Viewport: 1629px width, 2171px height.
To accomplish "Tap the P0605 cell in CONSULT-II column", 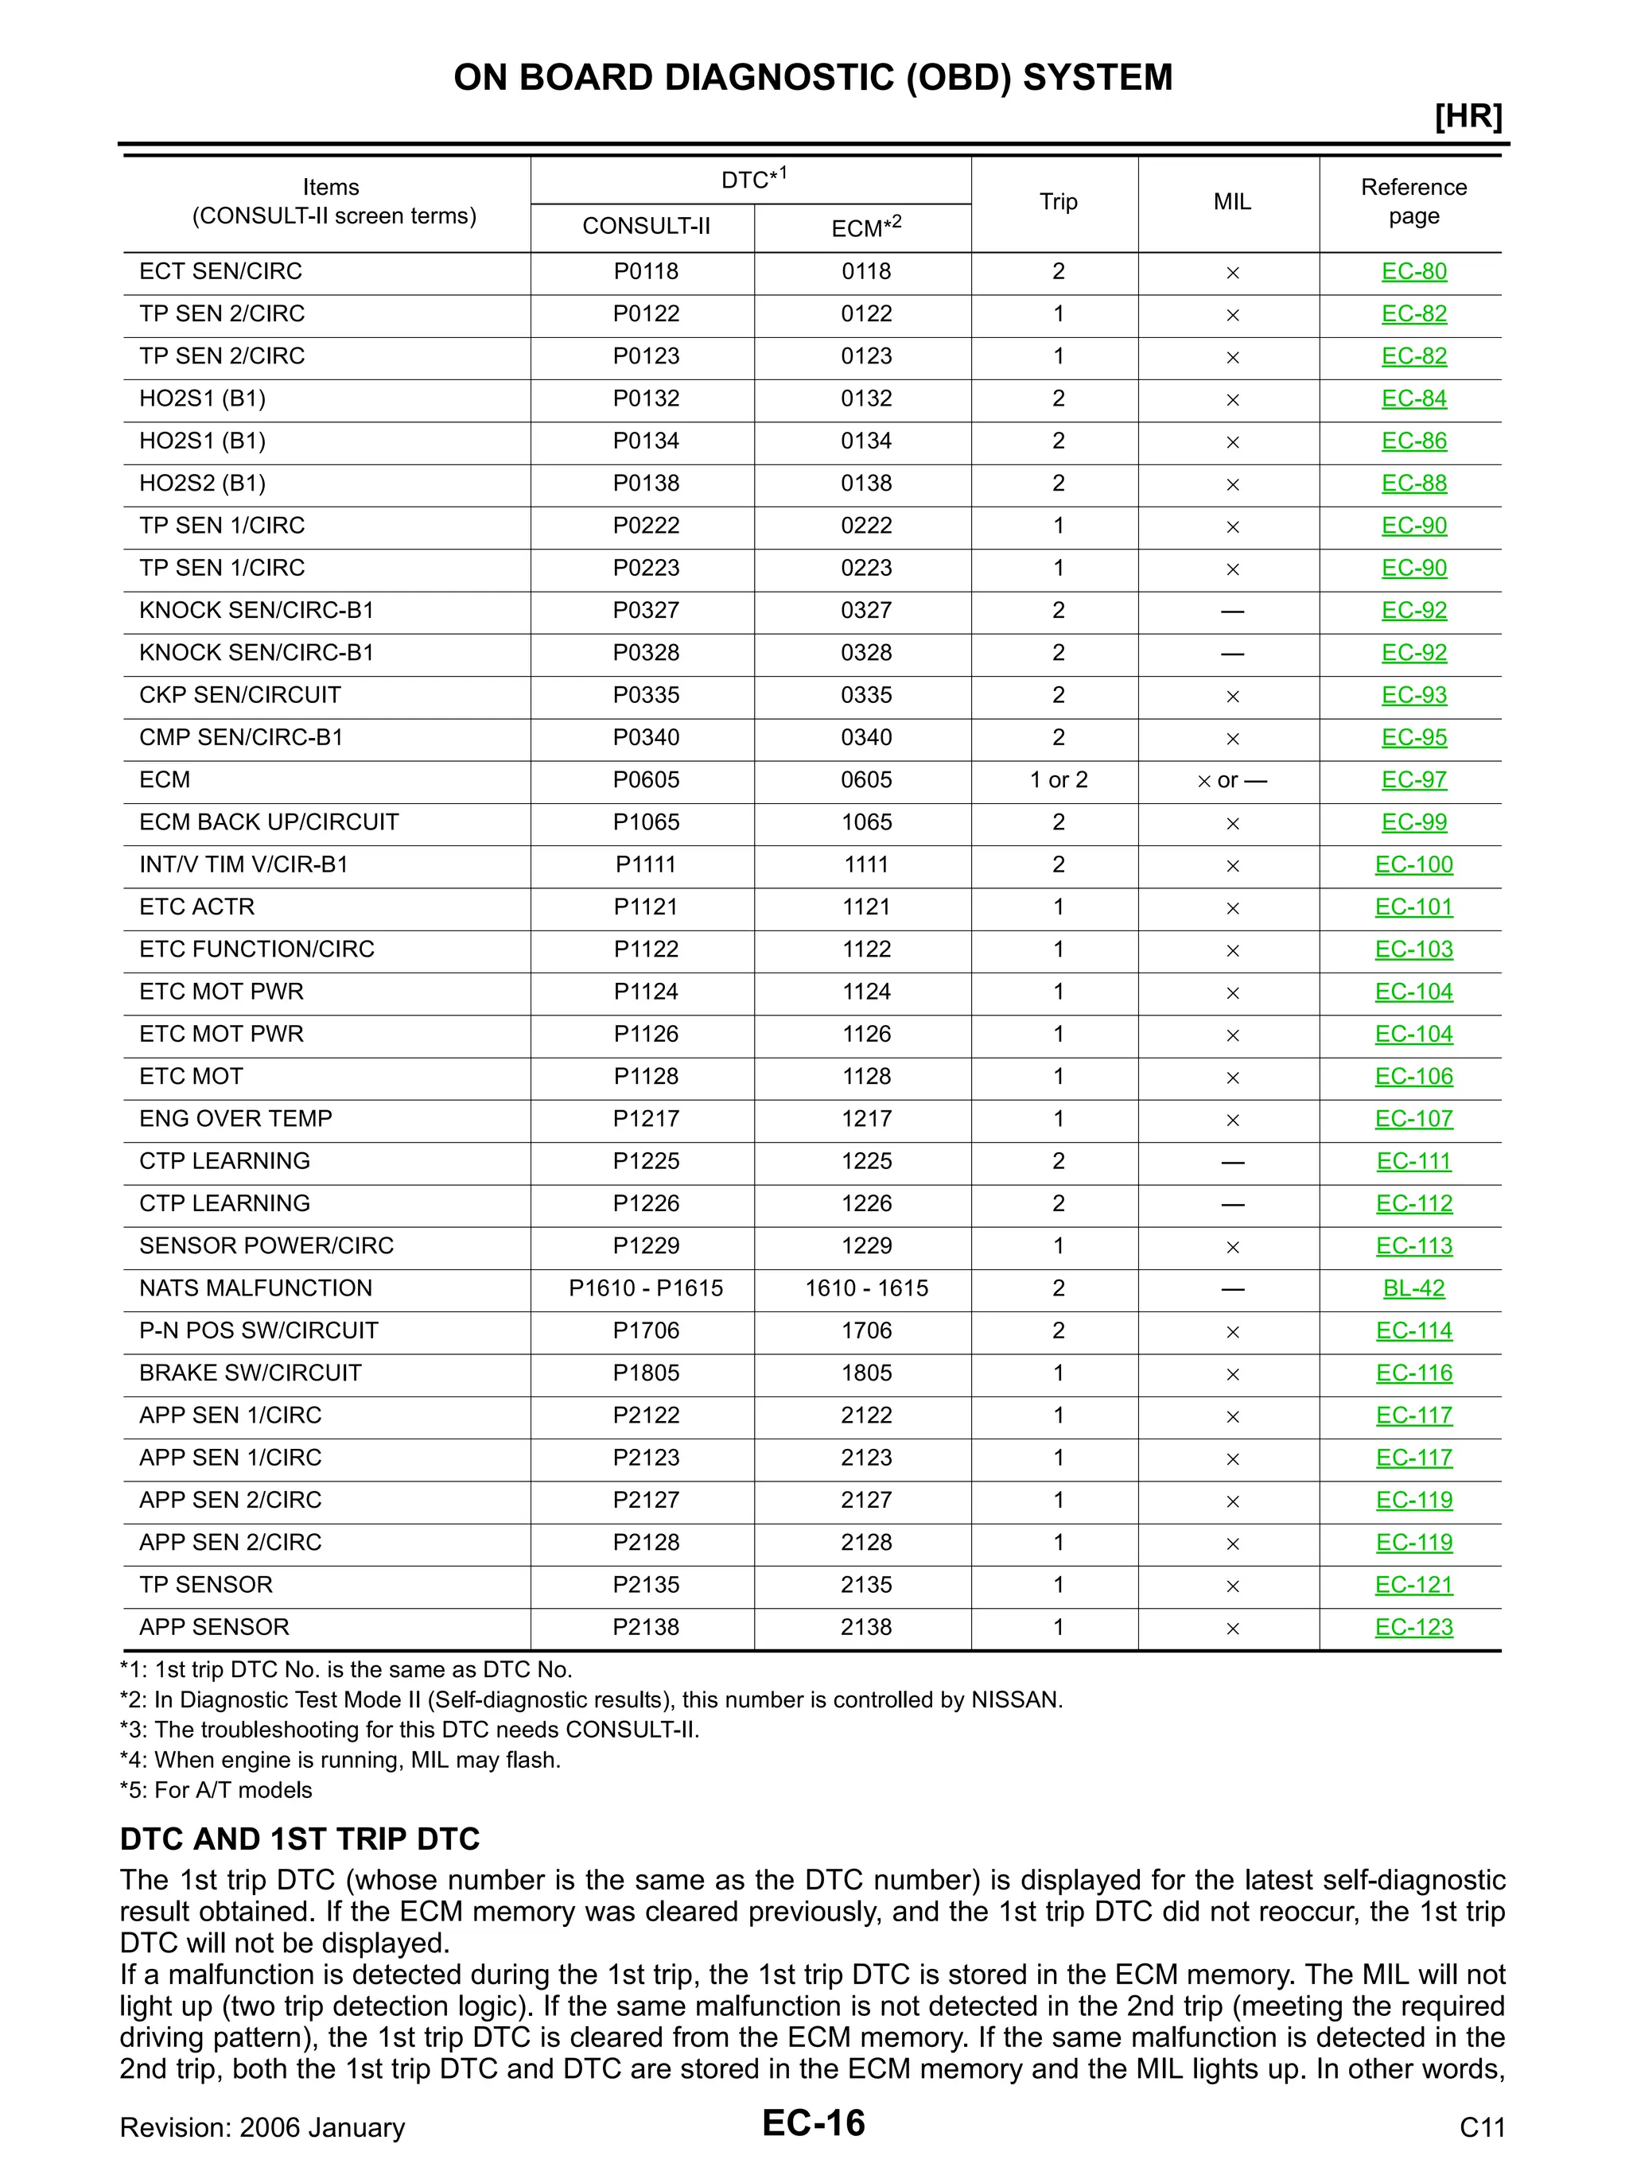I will click(x=645, y=780).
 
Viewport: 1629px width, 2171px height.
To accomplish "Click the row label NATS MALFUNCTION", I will click(x=255, y=1288).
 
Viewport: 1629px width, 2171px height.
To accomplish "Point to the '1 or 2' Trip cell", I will click(x=1058, y=780).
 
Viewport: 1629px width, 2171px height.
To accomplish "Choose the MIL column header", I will click(x=1231, y=202).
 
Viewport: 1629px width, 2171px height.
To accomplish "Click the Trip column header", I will click(x=1058, y=202).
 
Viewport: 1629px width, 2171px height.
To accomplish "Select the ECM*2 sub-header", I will click(x=865, y=227).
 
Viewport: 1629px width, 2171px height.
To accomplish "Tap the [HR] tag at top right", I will click(x=1468, y=117).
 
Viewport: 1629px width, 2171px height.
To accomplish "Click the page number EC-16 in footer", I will click(x=813, y=2124).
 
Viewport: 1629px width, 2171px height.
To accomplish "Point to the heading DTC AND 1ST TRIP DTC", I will click(x=300, y=1839).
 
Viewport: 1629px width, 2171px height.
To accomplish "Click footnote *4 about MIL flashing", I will click(x=340, y=1760).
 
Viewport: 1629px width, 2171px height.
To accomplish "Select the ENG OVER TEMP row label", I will click(x=235, y=1119).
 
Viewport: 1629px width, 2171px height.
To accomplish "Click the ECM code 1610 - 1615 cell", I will click(x=866, y=1288).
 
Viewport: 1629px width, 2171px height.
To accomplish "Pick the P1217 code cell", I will click(x=645, y=1119).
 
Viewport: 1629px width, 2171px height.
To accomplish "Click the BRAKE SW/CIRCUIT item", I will click(x=251, y=1373).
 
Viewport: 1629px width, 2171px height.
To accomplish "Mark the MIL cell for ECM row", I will click(x=1231, y=781).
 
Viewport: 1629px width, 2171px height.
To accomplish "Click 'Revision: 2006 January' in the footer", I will click(x=262, y=2128).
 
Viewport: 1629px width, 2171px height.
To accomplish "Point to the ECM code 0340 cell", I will click(x=866, y=738).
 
